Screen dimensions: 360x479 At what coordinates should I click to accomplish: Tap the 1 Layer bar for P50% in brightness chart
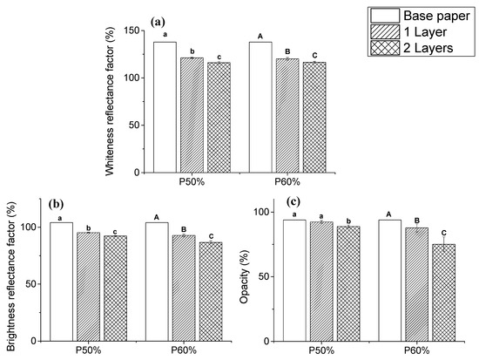point(89,285)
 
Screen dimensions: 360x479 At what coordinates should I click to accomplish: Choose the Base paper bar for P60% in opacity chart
point(390,279)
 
